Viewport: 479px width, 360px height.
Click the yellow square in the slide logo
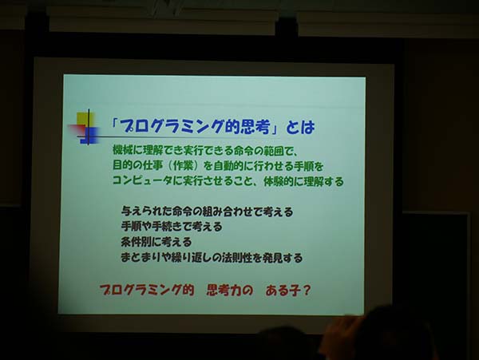point(85,118)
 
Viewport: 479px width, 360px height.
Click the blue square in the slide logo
point(89,135)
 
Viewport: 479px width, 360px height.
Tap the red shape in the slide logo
point(77,129)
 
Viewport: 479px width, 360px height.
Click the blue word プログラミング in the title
point(170,126)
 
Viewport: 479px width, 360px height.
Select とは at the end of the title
point(300,127)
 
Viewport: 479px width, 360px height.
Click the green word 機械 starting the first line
point(122,150)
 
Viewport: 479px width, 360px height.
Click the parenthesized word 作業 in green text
point(184,166)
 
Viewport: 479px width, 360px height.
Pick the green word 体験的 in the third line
point(279,182)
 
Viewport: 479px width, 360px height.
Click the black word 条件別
point(136,242)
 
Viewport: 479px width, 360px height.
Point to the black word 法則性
point(236,258)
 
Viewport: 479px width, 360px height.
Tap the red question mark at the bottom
point(306,291)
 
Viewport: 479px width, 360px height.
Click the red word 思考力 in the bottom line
point(224,290)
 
